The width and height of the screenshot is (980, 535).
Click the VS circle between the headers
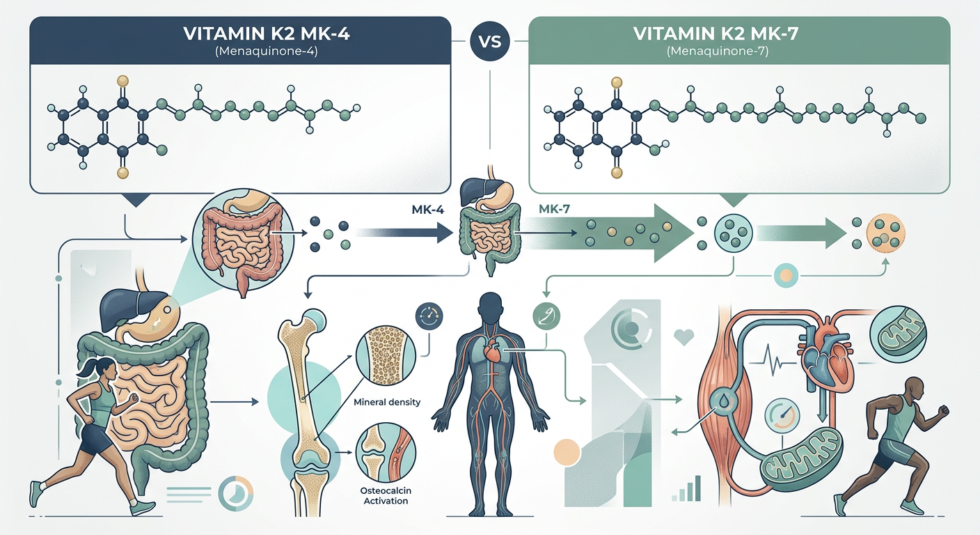(x=489, y=41)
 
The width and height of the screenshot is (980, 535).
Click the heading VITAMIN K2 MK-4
(x=267, y=33)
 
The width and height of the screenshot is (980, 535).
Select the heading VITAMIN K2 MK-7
(x=716, y=33)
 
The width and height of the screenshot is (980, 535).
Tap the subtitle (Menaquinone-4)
(x=267, y=52)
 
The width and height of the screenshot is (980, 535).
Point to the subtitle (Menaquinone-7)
(x=718, y=52)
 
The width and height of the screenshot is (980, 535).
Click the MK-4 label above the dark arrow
(x=428, y=210)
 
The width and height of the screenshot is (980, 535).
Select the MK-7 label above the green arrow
(x=554, y=209)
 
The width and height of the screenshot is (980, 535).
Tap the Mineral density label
(x=387, y=402)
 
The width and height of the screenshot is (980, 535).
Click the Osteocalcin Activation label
(x=386, y=495)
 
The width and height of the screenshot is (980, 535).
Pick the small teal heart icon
(x=683, y=337)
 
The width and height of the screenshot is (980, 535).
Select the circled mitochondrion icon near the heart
(x=898, y=334)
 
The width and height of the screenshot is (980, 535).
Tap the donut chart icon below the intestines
(x=235, y=493)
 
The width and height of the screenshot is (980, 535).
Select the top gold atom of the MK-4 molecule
(x=123, y=81)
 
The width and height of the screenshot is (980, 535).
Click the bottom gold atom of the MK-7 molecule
(x=617, y=173)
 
